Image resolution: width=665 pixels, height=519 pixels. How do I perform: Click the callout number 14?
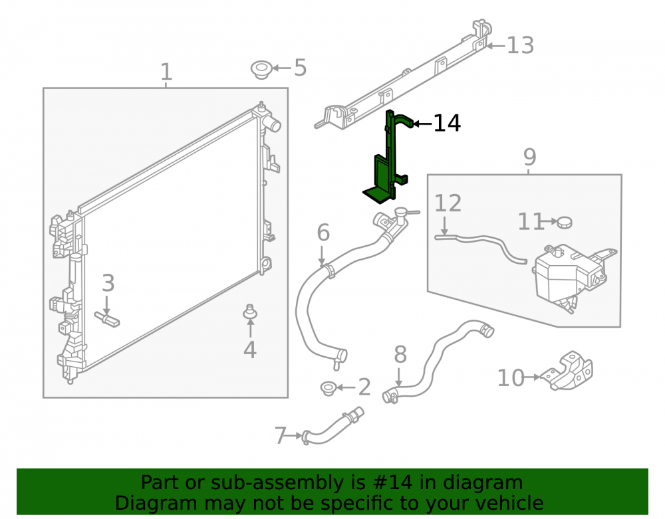(x=447, y=124)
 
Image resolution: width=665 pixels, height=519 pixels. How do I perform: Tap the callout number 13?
(x=521, y=45)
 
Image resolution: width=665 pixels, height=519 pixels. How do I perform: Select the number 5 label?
(x=301, y=68)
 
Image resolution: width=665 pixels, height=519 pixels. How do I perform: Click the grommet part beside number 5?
(x=261, y=70)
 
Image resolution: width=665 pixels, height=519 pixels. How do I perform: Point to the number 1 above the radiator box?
(x=166, y=72)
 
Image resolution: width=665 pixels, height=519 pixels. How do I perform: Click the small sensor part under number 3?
(x=107, y=318)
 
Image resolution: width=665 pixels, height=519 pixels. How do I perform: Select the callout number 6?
(x=323, y=233)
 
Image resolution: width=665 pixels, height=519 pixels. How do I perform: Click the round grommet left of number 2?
(x=329, y=388)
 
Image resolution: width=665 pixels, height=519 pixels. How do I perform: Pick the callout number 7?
(x=281, y=435)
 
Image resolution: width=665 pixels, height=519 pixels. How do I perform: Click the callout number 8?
(x=400, y=355)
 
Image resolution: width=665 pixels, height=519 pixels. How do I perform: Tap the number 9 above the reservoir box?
(x=530, y=157)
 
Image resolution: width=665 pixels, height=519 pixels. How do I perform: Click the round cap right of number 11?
(x=565, y=222)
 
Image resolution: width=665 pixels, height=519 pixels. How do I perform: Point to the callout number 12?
(x=448, y=203)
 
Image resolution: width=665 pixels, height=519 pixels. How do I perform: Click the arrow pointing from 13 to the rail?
(x=496, y=45)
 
